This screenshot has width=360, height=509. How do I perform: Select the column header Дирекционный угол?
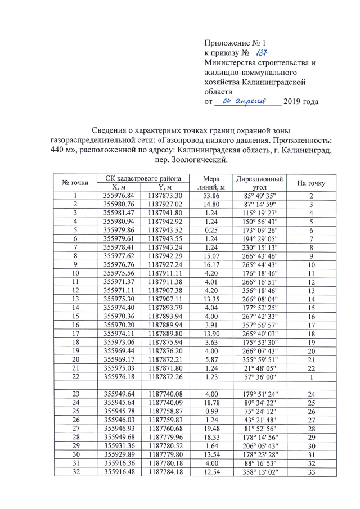(x=259, y=182)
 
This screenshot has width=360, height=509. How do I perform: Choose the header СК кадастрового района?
(x=139, y=178)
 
